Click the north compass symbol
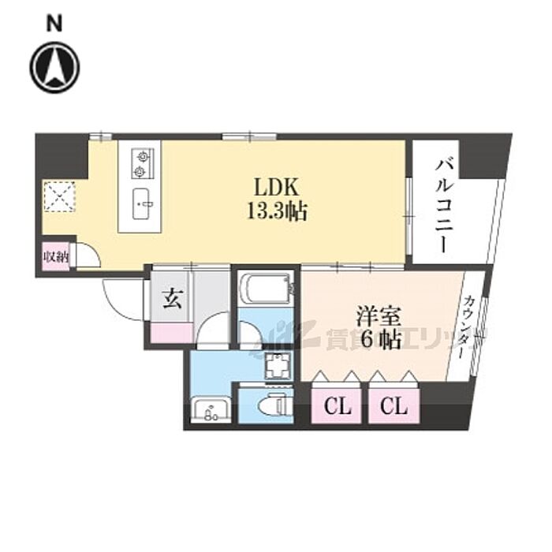tap(55, 68)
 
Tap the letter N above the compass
tap(55, 24)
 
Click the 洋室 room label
tap(379, 318)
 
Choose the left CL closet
tap(338, 407)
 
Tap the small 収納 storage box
tap(56, 257)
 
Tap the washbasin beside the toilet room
tap(210, 411)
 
